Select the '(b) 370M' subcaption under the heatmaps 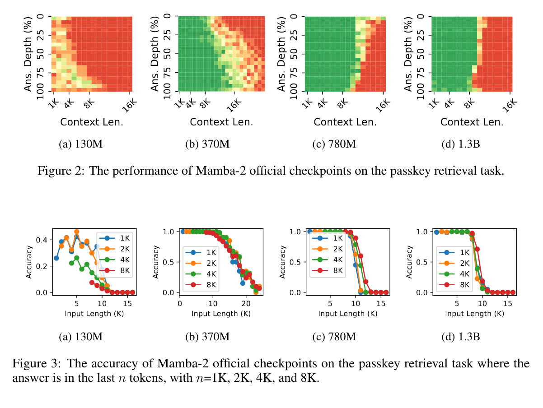(x=207, y=144)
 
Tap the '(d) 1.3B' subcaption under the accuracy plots (x=461, y=336)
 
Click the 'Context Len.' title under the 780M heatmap (x=345, y=122)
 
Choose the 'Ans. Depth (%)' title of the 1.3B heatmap (x=410, y=54)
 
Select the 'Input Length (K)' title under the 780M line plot (x=347, y=313)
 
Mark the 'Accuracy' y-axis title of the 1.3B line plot (x=409, y=262)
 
